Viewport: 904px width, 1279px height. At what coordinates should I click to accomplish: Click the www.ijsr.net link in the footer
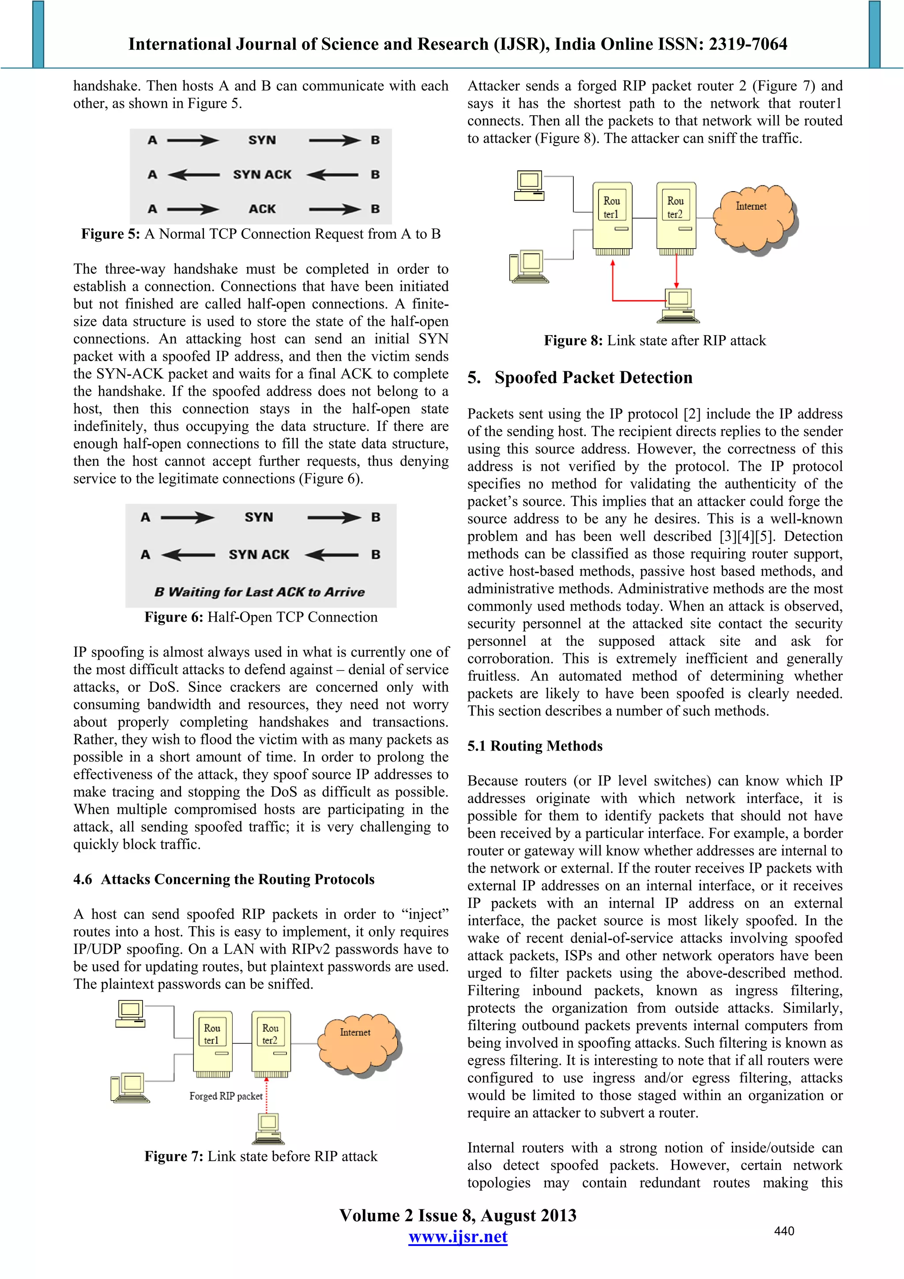click(x=457, y=1237)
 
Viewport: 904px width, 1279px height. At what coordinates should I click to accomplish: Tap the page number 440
click(x=783, y=1231)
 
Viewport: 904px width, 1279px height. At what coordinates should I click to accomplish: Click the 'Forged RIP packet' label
click(x=226, y=1096)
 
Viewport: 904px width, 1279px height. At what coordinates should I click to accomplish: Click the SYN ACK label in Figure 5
click(x=262, y=175)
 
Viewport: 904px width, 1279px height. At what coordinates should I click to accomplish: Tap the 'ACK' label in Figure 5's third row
click(x=262, y=209)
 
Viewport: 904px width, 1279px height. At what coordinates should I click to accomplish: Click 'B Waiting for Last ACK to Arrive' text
click(x=260, y=592)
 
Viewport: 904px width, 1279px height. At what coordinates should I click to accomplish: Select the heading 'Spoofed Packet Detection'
click(x=593, y=377)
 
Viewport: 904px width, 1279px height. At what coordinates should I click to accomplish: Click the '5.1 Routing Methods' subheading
click(x=535, y=746)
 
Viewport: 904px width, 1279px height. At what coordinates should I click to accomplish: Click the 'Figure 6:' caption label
click(x=173, y=617)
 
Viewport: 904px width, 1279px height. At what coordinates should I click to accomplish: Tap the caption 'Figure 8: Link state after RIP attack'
click(x=655, y=340)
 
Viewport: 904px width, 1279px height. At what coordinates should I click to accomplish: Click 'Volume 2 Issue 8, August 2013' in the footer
click(x=457, y=1215)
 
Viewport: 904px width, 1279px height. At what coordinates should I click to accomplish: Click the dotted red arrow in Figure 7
click(x=266, y=1094)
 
